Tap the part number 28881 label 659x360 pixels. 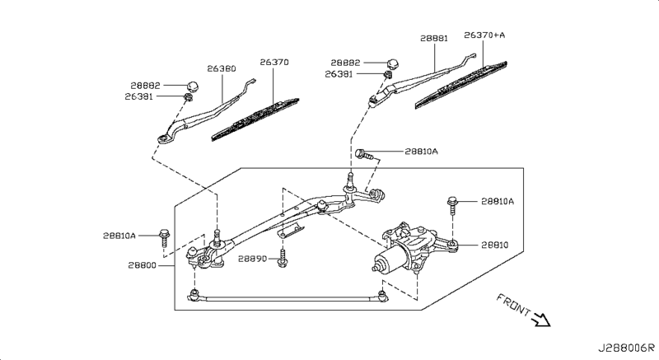click(433, 38)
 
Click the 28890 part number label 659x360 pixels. click(253, 258)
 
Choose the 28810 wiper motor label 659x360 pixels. click(496, 245)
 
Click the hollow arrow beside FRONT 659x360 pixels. click(541, 319)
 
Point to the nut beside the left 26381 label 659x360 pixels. click(189, 98)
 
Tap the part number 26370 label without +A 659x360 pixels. click(275, 63)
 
